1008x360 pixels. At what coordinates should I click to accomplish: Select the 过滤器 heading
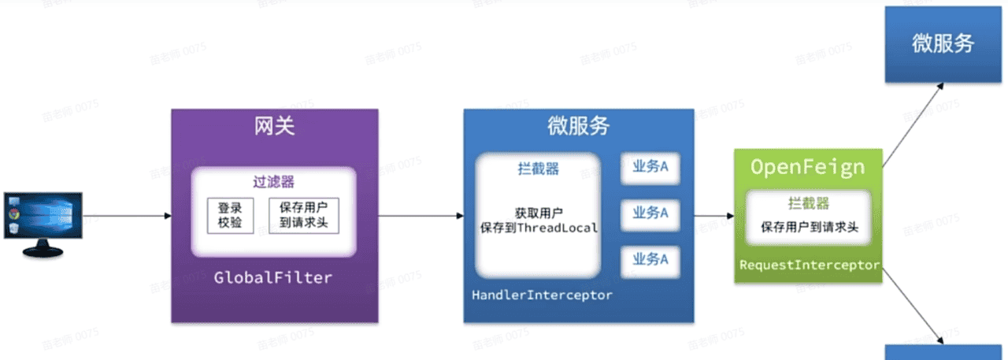pos(274,182)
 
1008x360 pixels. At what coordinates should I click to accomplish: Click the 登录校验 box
pos(230,216)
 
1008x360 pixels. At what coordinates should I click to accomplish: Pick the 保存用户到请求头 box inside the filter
pos(304,216)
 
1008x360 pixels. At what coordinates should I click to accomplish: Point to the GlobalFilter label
pos(273,278)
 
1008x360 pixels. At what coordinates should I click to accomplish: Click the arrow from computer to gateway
pos(126,216)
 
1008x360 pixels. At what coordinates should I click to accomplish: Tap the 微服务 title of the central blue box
pos(578,126)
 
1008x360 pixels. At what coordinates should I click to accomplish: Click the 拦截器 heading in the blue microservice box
pos(539,168)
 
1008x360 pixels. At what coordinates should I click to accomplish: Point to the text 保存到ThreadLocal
pos(539,228)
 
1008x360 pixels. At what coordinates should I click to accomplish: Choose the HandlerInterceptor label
pos(542,295)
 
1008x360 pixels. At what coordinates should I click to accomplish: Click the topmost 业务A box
pos(650,168)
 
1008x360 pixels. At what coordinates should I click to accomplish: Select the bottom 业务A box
pos(650,259)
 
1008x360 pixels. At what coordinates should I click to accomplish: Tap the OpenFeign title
pos(807,167)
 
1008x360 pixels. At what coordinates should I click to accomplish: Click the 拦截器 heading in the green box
pos(809,203)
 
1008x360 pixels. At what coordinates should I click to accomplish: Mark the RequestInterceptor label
pos(809,265)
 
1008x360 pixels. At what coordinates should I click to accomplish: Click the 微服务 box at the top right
pos(943,44)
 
